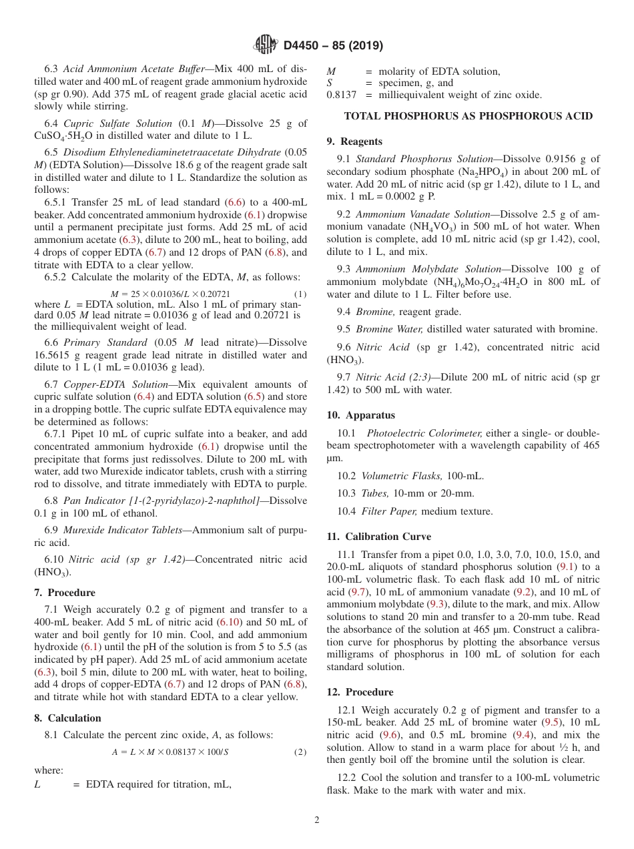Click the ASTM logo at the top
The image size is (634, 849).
tap(265, 45)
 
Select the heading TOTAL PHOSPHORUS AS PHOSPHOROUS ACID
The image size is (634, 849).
tap(468, 116)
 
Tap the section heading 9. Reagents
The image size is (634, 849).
tap(354, 141)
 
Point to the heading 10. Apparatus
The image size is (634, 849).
tap(360, 415)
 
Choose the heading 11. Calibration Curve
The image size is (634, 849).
tap(378, 537)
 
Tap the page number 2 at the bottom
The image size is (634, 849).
tap(317, 820)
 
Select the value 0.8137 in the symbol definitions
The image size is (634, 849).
tap(341, 95)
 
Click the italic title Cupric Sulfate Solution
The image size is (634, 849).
tap(117, 123)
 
